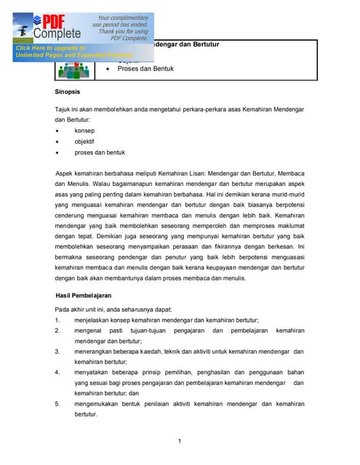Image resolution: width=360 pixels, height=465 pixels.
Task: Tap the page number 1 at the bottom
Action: click(x=180, y=440)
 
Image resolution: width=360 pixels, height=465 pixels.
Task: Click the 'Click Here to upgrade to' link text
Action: click(x=50, y=48)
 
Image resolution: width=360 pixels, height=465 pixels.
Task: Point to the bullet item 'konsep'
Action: click(x=84, y=131)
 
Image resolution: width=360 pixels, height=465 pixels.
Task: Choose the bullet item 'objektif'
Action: click(x=84, y=142)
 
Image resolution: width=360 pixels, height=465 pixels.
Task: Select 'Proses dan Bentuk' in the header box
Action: click(x=145, y=69)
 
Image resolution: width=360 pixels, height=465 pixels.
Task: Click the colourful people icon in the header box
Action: click(x=73, y=69)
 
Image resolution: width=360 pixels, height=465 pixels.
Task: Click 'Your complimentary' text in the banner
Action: click(x=124, y=17)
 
